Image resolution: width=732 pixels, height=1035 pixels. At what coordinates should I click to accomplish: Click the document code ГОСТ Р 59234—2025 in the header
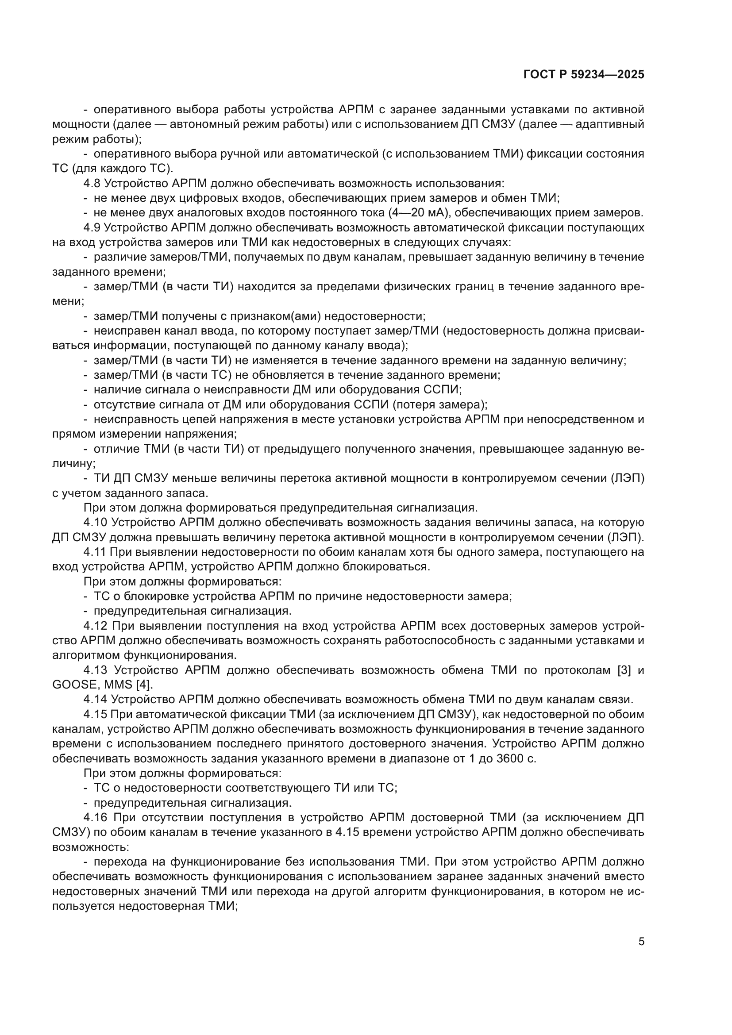coord(584,75)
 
